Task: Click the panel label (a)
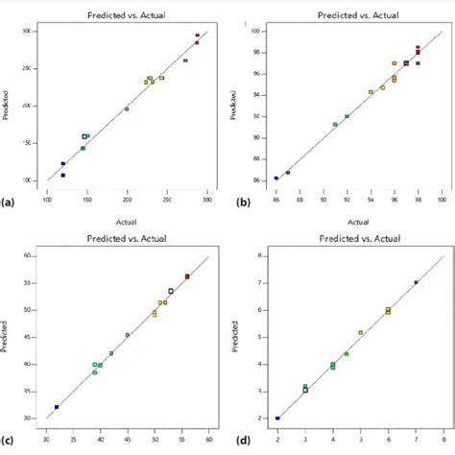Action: click(x=9, y=203)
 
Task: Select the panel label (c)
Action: click(x=9, y=440)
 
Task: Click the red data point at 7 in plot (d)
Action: click(x=416, y=282)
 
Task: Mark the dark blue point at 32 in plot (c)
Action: click(x=57, y=407)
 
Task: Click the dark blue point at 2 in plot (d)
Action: click(x=277, y=419)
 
